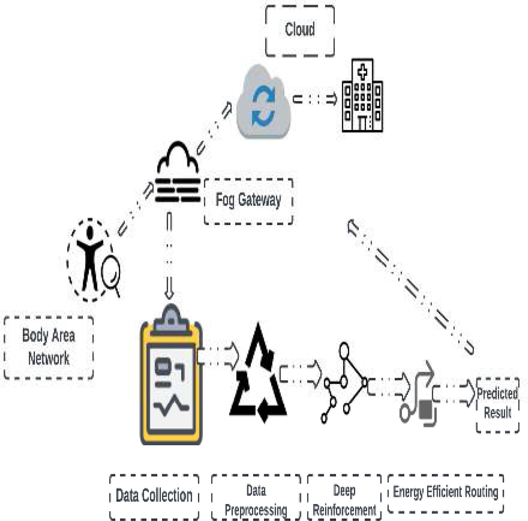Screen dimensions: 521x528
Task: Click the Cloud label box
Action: click(300, 30)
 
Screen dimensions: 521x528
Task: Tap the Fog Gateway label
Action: click(248, 200)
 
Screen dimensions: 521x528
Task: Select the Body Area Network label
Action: click(49, 347)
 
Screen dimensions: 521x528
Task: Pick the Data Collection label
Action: click(154, 495)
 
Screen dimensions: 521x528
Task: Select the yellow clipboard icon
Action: click(171, 379)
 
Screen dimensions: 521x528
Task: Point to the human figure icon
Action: click(90, 259)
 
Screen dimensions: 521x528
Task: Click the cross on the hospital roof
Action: click(363, 72)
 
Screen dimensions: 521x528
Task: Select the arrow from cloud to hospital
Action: click(315, 99)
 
